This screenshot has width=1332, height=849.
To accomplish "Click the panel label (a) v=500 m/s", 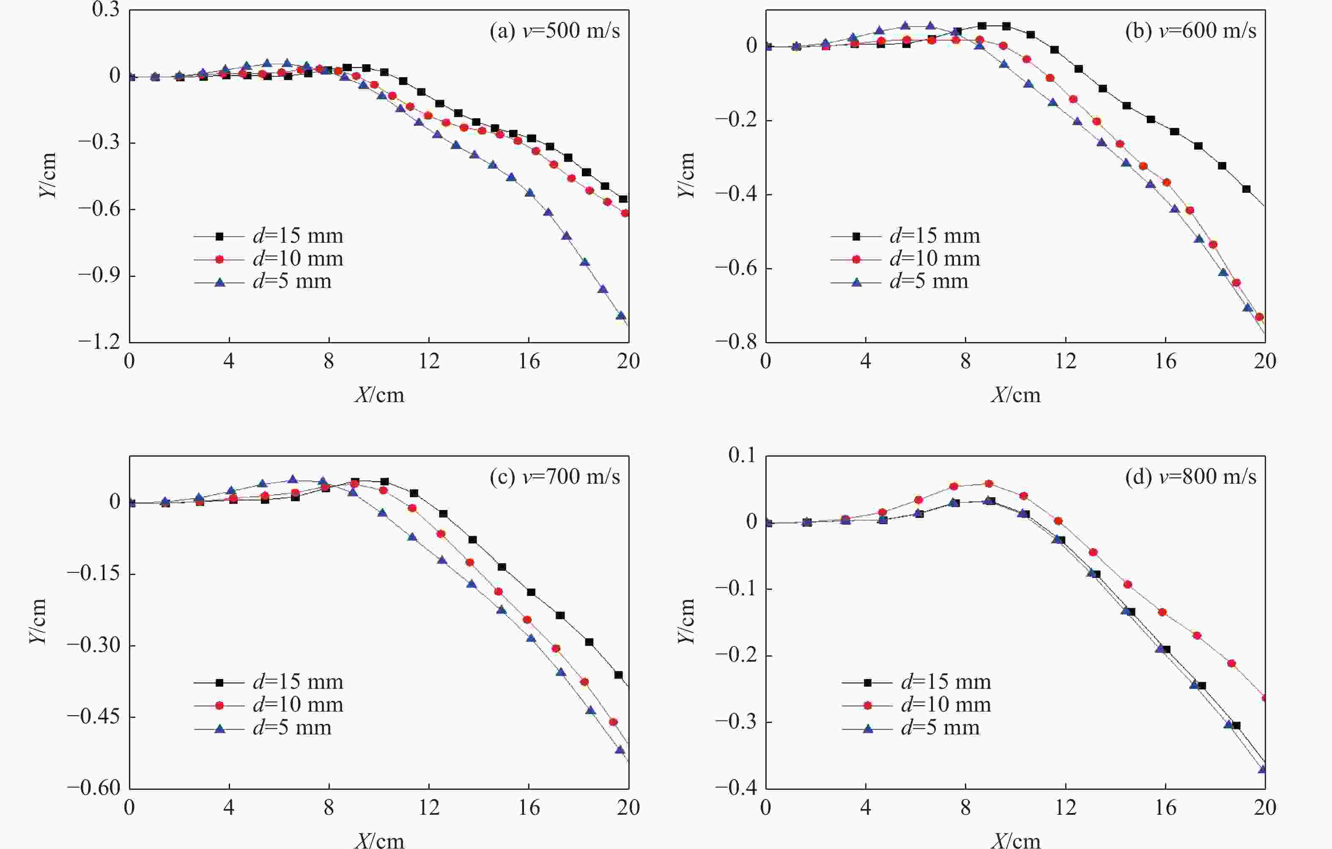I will [554, 31].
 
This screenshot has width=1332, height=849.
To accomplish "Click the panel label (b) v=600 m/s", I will [1190, 31].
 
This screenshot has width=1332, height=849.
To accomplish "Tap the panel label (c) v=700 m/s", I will [554, 477].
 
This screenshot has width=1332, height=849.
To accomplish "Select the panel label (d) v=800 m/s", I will [1190, 477].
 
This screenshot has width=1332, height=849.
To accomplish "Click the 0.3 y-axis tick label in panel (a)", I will [106, 10].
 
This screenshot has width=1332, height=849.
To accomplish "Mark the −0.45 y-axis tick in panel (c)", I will [93, 717].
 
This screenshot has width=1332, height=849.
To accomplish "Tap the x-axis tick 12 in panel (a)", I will [429, 361].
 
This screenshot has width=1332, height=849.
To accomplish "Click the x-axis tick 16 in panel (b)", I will [1165, 361].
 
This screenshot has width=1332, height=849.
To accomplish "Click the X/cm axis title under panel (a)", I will [379, 395].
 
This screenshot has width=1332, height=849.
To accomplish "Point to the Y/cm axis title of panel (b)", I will [686, 175].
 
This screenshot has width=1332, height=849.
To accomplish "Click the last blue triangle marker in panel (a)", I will [621, 316].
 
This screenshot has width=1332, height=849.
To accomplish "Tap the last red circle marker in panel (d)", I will [1264, 698].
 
